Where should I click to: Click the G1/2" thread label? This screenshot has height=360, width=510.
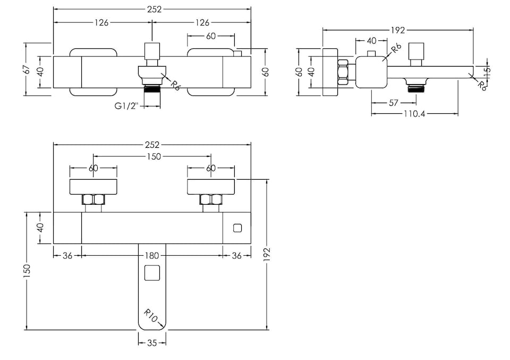tap(126, 105)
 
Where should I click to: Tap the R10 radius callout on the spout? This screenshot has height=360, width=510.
tap(150, 316)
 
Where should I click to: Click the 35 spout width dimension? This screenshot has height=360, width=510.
tap(152, 344)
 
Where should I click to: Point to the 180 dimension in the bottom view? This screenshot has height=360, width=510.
tap(152, 256)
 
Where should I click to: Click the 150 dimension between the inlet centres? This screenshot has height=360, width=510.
tap(152, 156)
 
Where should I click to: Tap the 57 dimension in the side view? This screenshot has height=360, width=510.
tap(393, 103)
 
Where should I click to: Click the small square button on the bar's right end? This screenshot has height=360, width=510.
tap(237, 229)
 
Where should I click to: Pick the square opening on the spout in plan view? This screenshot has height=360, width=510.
tap(152, 273)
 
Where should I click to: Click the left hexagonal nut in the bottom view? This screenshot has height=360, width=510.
tap(93, 200)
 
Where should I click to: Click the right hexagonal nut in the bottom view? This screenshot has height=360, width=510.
tap(210, 200)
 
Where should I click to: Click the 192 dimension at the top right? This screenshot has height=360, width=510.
tap(398, 30)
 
